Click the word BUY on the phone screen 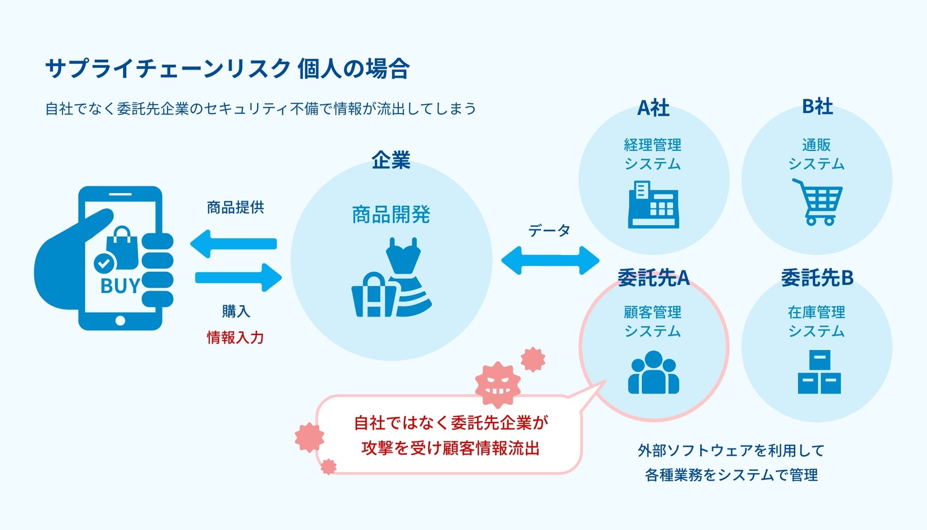coord(120,286)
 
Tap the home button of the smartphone coord(120,321)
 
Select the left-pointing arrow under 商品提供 coord(233,244)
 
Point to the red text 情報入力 coord(235,338)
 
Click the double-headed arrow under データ coord(550,260)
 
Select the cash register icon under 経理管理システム coord(653,205)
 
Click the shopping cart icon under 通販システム coord(818,201)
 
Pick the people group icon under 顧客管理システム coord(653,372)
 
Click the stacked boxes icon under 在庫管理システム coord(819,372)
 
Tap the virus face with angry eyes coord(498,385)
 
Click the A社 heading coord(653,108)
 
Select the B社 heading coord(817,106)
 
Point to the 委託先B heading coord(817,278)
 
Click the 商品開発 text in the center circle coord(391,215)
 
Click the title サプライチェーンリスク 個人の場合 coord(227,69)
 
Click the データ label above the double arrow coord(549,231)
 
